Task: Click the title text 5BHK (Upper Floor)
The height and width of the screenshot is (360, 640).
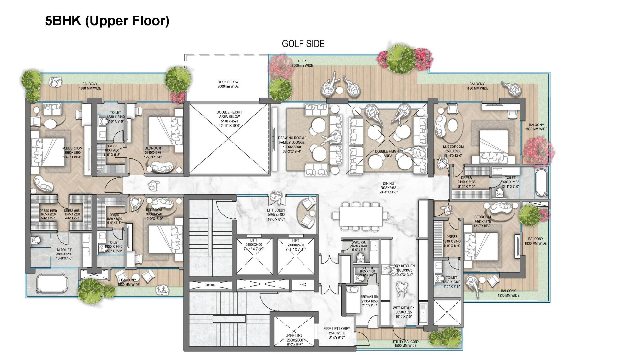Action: [x=107, y=21]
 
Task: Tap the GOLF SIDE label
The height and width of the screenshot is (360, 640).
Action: [x=303, y=44]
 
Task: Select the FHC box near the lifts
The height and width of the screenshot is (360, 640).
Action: [x=303, y=285]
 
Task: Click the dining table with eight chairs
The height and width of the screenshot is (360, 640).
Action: [x=361, y=216]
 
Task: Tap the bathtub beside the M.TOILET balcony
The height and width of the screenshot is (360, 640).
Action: [x=52, y=284]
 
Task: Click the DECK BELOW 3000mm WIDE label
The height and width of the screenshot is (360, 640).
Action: [x=228, y=84]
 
